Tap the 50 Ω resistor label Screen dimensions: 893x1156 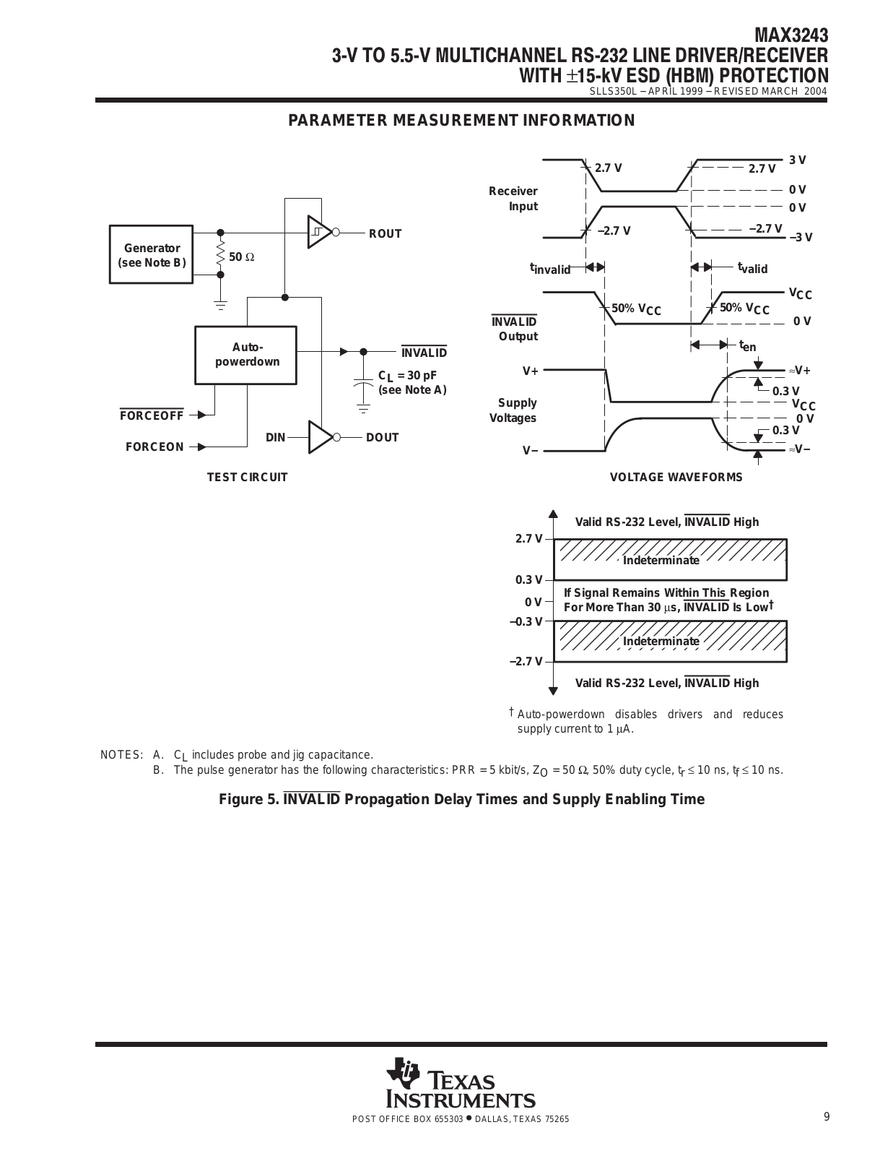point(242,257)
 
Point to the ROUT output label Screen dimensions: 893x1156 point(385,233)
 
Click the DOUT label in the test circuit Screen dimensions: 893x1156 point(382,437)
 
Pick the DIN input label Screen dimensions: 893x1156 point(275,437)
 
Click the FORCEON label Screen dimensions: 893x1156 point(154,447)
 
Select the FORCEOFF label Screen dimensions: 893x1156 point(152,415)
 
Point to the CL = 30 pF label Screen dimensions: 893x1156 point(407,376)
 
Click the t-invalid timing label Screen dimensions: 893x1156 point(550,269)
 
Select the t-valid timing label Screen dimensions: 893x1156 point(753,267)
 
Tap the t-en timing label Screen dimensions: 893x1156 point(748,346)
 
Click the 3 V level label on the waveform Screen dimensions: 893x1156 point(797,160)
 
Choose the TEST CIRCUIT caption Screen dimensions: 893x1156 point(247,477)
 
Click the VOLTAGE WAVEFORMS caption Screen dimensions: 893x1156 point(676,477)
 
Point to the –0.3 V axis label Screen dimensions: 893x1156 point(526,621)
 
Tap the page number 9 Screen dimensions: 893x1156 point(827,1117)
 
